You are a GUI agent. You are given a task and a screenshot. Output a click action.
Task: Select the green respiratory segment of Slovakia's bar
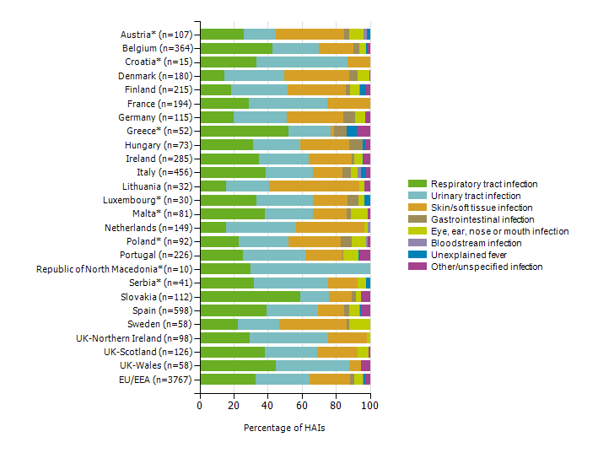250,296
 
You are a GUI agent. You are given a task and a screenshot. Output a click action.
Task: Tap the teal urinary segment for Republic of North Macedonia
310,268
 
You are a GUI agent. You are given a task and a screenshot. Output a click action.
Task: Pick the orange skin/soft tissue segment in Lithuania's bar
314,186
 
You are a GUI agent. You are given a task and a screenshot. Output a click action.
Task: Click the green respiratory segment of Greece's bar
244,131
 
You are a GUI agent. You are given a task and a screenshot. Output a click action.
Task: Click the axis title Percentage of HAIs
284,428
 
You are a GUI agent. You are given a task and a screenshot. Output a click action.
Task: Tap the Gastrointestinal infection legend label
482,219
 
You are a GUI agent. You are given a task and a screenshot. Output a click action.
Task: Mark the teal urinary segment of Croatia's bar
301,62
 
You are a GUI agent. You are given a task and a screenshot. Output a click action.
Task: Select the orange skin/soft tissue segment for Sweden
312,324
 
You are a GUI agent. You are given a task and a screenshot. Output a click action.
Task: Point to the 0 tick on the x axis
200,406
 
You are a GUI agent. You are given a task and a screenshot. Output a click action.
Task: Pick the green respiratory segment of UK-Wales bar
238,365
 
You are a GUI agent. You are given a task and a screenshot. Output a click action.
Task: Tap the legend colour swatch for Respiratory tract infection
417,184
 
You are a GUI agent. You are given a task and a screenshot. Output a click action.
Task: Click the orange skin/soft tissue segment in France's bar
348,103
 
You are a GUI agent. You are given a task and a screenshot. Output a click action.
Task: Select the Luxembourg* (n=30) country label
153,200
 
